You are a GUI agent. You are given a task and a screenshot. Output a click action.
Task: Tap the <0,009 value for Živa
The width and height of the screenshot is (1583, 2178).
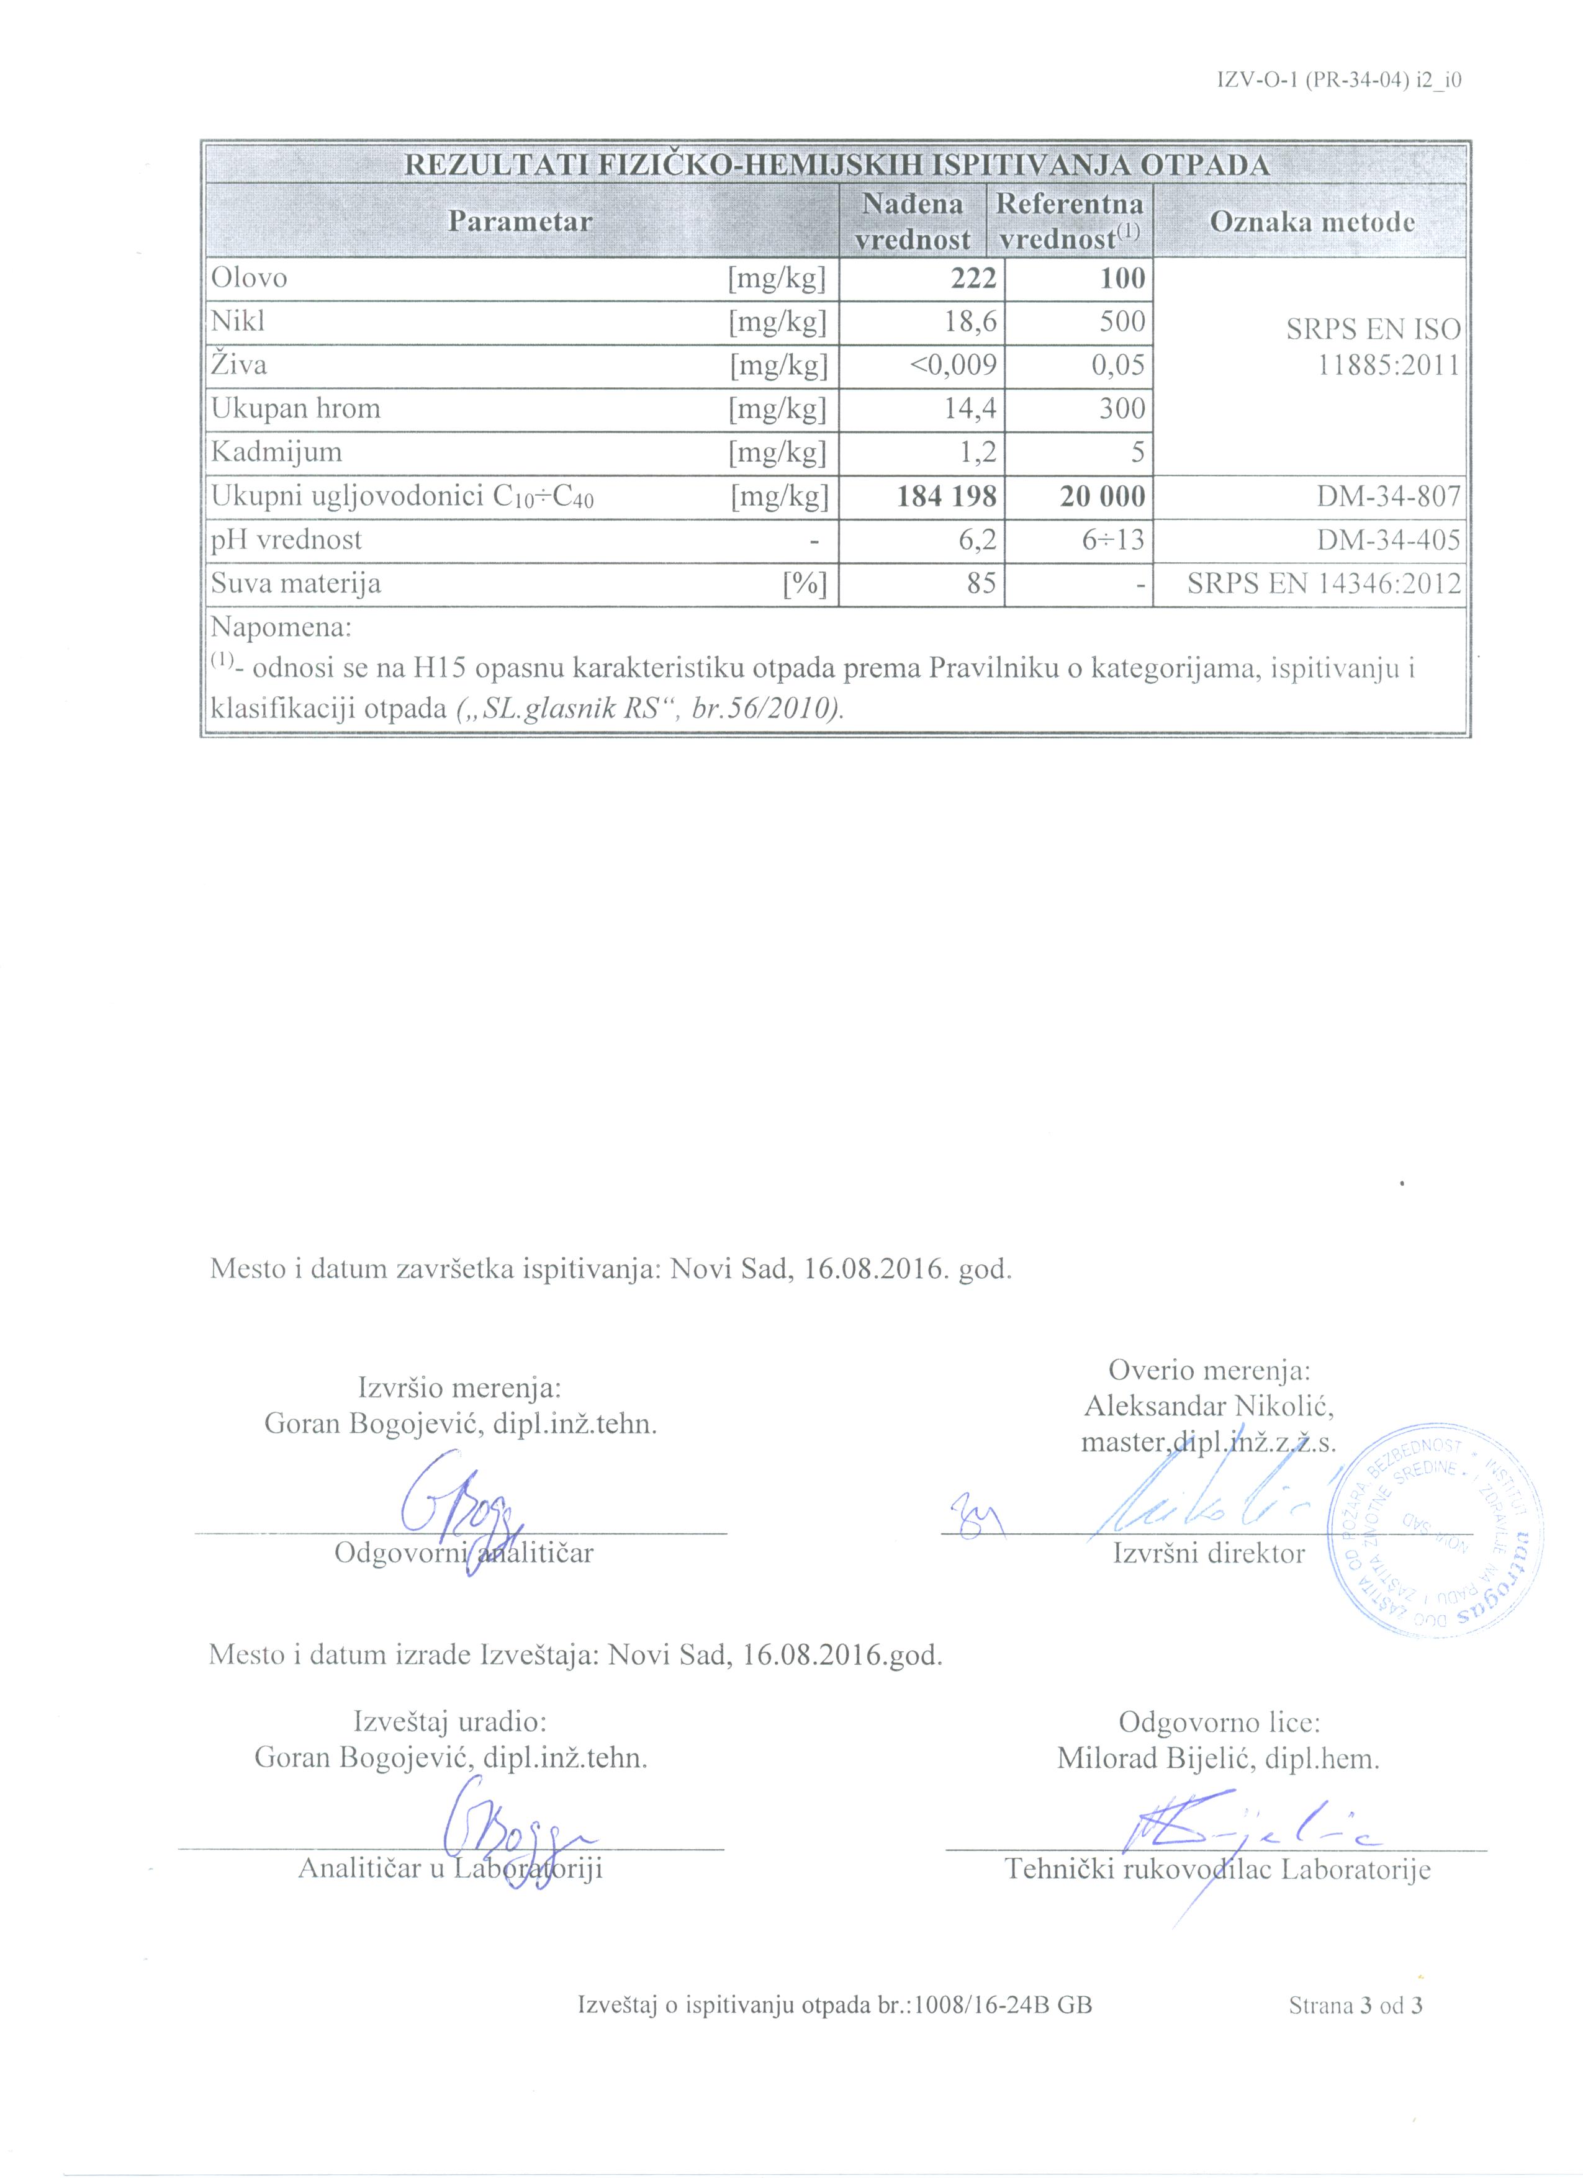[953, 365]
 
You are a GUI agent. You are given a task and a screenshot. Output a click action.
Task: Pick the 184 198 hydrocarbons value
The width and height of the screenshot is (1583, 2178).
[946, 496]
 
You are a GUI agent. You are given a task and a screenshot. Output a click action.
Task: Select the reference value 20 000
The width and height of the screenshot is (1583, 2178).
[1102, 496]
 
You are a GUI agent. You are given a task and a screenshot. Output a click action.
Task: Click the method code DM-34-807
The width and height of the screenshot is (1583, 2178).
[1389, 496]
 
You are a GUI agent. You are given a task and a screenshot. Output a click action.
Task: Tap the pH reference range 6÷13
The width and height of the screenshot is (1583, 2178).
[1113, 540]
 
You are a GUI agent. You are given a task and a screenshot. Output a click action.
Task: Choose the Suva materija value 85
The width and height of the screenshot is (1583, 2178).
[981, 583]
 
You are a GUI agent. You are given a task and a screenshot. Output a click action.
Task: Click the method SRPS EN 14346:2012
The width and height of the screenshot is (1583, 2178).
[1324, 583]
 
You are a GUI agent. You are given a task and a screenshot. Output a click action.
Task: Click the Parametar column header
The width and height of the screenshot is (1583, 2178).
[520, 222]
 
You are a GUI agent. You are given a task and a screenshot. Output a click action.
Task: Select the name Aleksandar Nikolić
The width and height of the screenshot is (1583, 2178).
[1209, 1406]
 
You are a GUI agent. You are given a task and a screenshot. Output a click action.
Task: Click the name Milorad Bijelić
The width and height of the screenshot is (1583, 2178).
[1218, 1759]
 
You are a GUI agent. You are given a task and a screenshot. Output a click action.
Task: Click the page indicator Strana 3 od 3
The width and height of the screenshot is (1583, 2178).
[1355, 2004]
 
